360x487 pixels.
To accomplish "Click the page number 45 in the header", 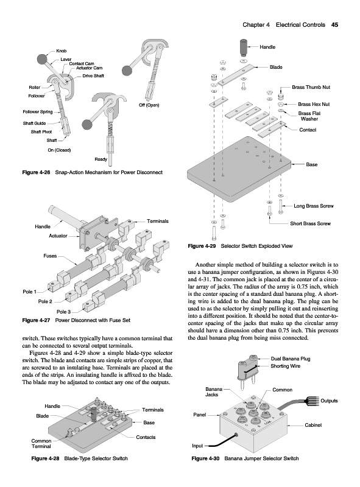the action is (x=334, y=25).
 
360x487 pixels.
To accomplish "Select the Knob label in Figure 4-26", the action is (x=62, y=51).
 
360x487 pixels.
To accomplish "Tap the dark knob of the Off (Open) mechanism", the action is (x=127, y=71).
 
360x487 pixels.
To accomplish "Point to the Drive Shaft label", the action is (x=93, y=75).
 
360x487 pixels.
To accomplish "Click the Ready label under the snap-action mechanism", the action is (x=101, y=159).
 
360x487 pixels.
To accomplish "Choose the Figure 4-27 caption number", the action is (x=36, y=320).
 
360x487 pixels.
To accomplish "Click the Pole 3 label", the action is (x=64, y=312).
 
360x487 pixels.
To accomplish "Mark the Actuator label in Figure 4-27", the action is (x=58, y=236).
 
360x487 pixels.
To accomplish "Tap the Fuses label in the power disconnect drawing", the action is (x=50, y=256).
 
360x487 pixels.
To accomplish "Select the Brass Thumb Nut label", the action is (x=311, y=87).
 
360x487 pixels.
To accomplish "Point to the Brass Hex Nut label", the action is (x=314, y=104).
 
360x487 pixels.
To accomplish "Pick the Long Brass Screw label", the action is (x=313, y=206).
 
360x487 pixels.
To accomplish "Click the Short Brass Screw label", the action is (x=310, y=223).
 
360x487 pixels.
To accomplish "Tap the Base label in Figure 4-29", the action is (x=311, y=164).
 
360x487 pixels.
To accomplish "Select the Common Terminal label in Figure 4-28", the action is (x=41, y=444).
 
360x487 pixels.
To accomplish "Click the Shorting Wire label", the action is (x=286, y=366).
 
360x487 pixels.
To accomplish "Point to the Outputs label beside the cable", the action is (x=329, y=401).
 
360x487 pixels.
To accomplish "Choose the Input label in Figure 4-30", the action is (x=197, y=446).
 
